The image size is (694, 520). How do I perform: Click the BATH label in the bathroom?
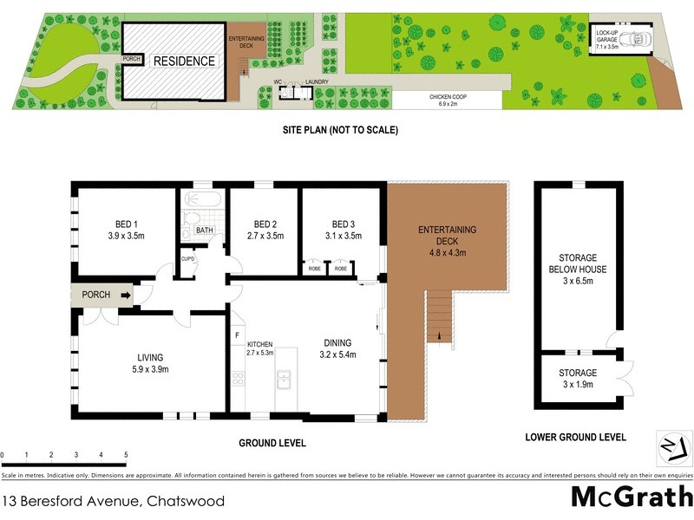click(204, 231)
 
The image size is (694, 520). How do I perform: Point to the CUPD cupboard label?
click(187, 258)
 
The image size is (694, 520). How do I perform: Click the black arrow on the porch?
click(126, 296)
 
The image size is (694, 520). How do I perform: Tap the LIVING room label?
click(149, 357)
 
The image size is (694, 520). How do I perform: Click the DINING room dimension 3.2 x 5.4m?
click(339, 355)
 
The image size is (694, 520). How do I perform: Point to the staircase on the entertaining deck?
click(441, 315)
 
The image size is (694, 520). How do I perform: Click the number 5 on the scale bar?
click(126, 454)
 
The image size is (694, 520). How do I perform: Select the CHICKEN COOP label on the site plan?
click(448, 97)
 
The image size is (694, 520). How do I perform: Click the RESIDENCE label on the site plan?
click(184, 62)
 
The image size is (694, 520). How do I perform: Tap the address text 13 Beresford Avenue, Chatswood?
click(113, 501)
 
